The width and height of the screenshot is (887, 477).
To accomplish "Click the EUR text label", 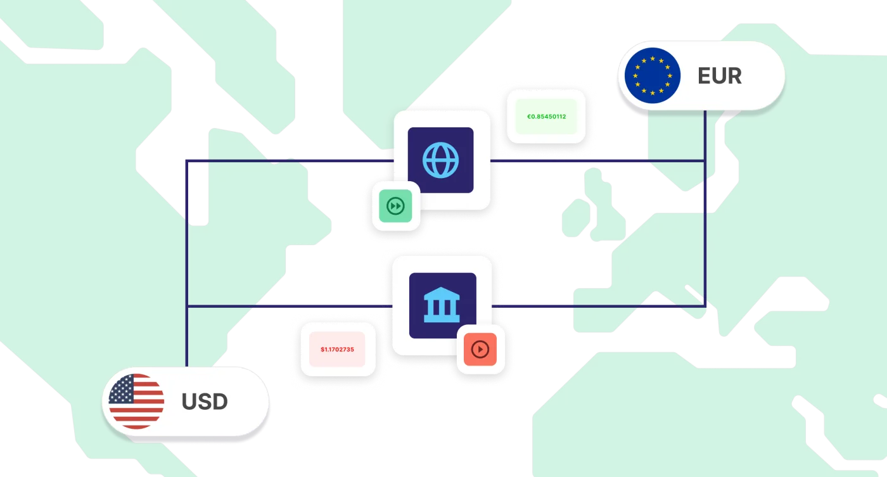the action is pyautogui.click(x=720, y=76).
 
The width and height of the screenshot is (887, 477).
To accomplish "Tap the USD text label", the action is pyautogui.click(x=204, y=402).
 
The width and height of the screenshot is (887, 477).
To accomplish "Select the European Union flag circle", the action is pyautogui.click(x=652, y=75).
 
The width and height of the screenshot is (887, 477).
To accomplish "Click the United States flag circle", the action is pyautogui.click(x=136, y=402).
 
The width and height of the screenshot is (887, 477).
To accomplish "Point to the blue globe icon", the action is pyautogui.click(x=441, y=160).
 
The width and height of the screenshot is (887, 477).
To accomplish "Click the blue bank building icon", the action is pyautogui.click(x=442, y=305).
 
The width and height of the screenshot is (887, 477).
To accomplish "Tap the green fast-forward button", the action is pyautogui.click(x=395, y=206).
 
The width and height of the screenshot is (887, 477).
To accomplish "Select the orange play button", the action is pyautogui.click(x=480, y=349).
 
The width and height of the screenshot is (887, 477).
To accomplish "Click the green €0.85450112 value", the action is pyautogui.click(x=546, y=117).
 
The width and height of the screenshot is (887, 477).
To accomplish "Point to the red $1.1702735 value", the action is pyautogui.click(x=337, y=350).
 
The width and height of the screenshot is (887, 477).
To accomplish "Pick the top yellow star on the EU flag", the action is pyautogui.click(x=653, y=58).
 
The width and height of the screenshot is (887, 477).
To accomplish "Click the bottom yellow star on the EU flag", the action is pyautogui.click(x=653, y=93).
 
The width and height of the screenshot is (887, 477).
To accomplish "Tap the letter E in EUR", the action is pyautogui.click(x=705, y=76).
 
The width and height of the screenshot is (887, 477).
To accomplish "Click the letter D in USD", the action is pyautogui.click(x=220, y=402).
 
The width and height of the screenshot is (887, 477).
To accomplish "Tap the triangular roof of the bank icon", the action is pyautogui.click(x=442, y=293).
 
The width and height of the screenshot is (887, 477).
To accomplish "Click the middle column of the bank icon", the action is pyautogui.click(x=442, y=307).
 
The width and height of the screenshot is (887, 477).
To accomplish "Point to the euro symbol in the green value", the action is pyautogui.click(x=528, y=117).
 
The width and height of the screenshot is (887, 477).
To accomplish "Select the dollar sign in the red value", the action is pyautogui.click(x=322, y=350).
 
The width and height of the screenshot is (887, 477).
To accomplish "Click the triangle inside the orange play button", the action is pyautogui.click(x=481, y=349).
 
